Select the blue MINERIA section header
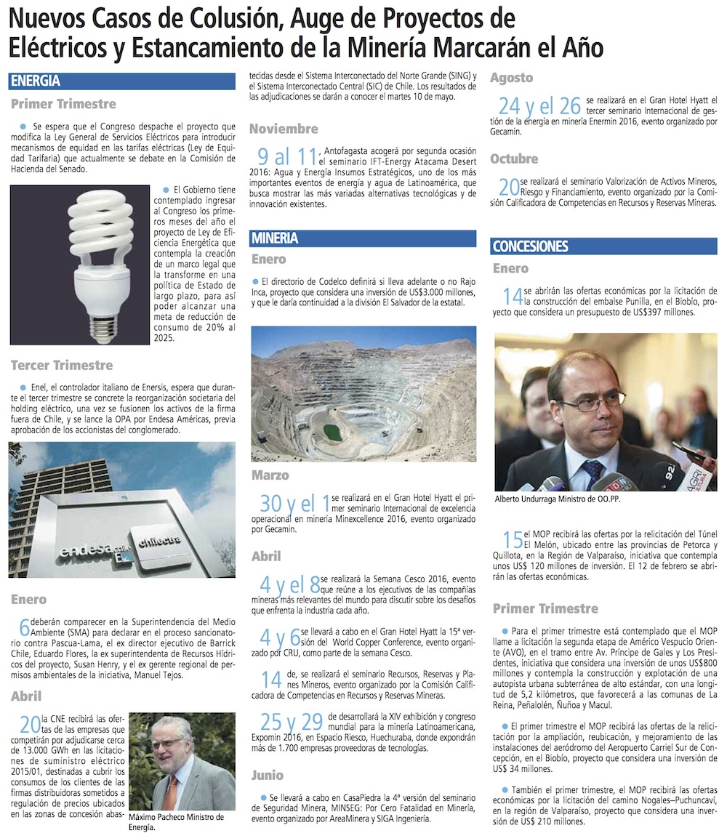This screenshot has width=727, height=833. [x=275, y=238]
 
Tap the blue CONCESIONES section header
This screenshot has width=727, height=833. [x=530, y=246]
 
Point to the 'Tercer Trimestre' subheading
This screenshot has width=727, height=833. [x=62, y=365]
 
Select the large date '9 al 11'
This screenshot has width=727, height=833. [x=288, y=156]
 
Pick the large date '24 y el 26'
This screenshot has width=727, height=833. [x=539, y=105]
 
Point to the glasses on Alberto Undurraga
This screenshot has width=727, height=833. [x=601, y=401]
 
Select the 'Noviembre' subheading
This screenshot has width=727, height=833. [x=284, y=129]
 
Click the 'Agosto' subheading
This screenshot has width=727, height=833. [x=511, y=78]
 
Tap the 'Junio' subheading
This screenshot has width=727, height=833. [x=268, y=775]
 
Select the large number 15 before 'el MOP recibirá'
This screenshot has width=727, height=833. [x=512, y=540]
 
